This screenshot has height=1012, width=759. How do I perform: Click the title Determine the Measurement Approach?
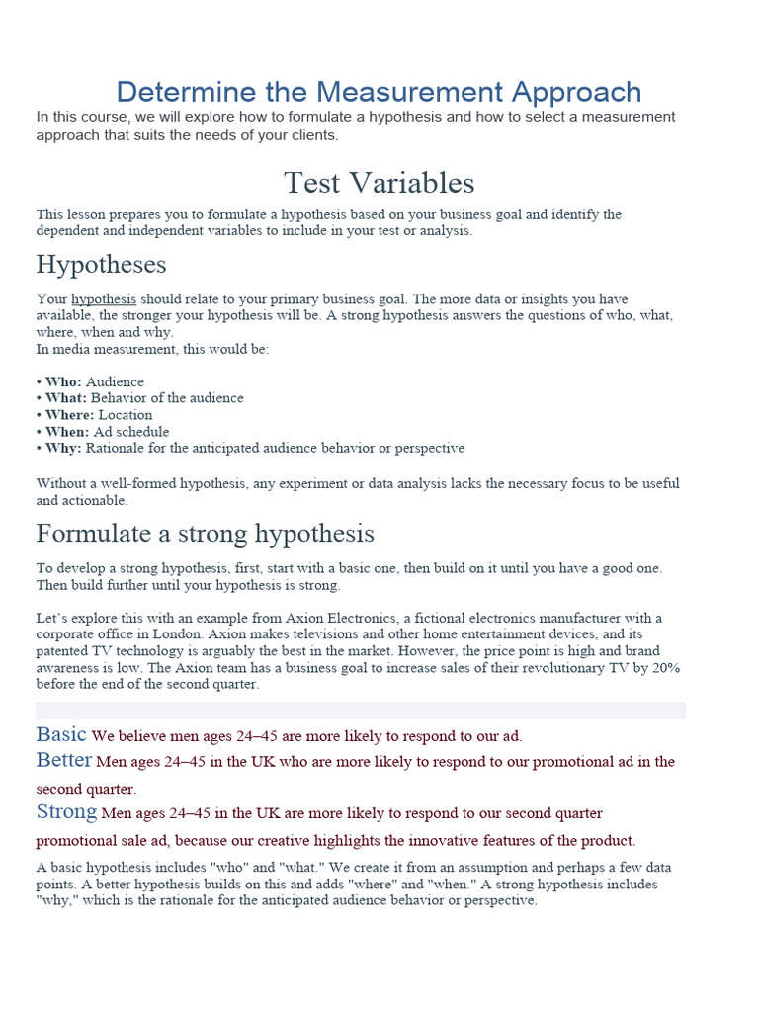tap(379, 92)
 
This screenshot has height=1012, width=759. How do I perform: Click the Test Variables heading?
tap(379, 183)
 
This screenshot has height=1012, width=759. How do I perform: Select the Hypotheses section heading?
tap(101, 265)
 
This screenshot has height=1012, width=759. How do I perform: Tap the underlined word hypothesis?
tap(104, 298)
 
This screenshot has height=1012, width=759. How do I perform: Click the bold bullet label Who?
tap(64, 381)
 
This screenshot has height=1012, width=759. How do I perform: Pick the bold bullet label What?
tap(66, 398)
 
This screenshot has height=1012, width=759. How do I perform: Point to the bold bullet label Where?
tap(69, 415)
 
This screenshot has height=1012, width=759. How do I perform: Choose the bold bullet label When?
tap(67, 432)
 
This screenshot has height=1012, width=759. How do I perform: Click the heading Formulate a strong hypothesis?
tap(205, 534)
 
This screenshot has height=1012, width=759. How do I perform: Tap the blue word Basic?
tap(61, 734)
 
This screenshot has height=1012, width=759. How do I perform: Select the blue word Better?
tap(63, 760)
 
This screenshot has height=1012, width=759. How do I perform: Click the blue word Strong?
tap(66, 812)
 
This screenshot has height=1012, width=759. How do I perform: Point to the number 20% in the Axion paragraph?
tap(664, 668)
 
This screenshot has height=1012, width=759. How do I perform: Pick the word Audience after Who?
tap(115, 381)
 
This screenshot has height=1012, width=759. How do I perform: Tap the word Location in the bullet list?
tap(126, 415)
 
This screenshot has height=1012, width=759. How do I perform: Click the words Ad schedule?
tap(131, 432)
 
